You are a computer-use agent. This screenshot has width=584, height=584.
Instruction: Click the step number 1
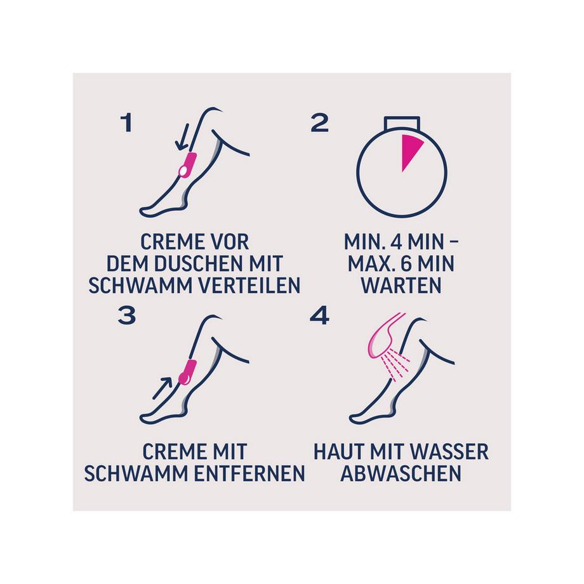point(126,123)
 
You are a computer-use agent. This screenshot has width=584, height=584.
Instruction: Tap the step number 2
point(320,123)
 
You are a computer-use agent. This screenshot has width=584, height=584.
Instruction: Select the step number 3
point(126,315)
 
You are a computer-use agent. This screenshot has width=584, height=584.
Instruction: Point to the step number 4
point(319,315)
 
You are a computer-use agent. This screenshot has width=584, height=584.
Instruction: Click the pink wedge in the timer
point(409,151)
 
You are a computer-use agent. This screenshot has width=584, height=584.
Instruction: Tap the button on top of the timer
point(402,123)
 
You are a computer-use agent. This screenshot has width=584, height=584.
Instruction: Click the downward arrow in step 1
point(183,137)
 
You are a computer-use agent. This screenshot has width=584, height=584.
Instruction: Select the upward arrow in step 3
point(162,388)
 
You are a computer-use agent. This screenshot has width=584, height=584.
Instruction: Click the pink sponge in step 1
point(187,166)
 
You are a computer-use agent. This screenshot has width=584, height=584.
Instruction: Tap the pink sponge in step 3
point(187,372)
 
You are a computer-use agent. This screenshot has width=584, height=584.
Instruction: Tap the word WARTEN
point(401,286)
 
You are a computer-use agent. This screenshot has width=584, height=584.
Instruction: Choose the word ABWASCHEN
point(401,474)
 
